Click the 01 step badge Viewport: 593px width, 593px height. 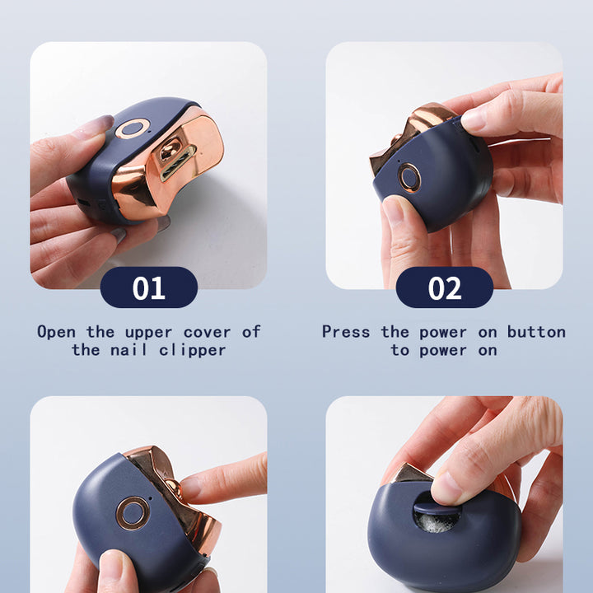coord(149,287)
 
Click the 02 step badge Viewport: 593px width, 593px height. coord(445,287)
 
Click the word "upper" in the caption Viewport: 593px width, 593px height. coord(148,333)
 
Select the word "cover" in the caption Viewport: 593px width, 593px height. coord(207,333)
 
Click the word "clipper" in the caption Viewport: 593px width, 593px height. coord(193,351)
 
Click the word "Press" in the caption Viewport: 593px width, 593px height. coord(346,332)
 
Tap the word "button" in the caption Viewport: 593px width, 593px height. coord(536,332)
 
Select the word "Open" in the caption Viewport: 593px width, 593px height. coord(56,332)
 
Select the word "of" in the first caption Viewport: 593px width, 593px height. coord(251,332)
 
